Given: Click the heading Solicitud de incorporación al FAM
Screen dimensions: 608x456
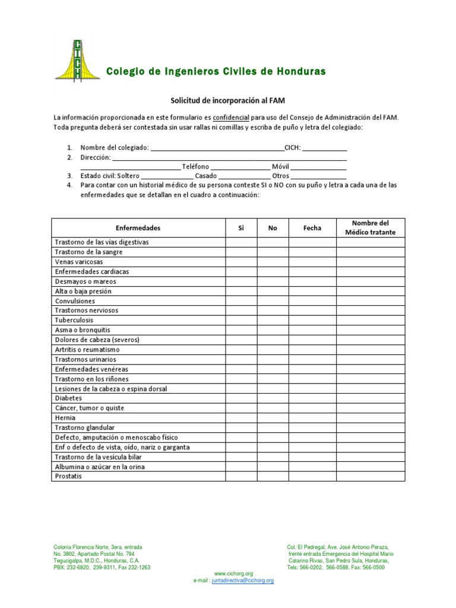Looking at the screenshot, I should (x=228, y=101).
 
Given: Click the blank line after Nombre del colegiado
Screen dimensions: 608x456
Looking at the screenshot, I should (x=217, y=148).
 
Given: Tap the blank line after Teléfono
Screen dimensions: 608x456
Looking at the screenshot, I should (x=240, y=167).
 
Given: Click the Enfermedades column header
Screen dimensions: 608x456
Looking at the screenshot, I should (x=138, y=228).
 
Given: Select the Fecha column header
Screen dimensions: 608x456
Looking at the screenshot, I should (x=312, y=228).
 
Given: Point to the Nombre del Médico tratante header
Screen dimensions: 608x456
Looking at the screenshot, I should (x=370, y=227).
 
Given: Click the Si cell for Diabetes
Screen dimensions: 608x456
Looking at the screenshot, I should (x=241, y=398).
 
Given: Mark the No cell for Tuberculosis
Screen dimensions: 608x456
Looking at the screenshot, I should (x=273, y=320).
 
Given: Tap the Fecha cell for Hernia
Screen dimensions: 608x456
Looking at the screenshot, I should (x=312, y=418).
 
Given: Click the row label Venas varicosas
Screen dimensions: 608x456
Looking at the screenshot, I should (x=79, y=262).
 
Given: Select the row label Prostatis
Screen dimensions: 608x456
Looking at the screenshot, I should (x=68, y=476).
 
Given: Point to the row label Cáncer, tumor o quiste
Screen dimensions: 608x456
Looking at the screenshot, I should (x=90, y=408).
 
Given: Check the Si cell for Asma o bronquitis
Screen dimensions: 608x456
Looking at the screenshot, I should (x=241, y=330).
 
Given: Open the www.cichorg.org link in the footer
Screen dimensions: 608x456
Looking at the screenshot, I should (x=233, y=574).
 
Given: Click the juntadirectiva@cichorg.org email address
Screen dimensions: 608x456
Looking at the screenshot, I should (x=243, y=580).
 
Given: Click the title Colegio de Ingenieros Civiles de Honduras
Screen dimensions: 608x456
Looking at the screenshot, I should (x=216, y=72).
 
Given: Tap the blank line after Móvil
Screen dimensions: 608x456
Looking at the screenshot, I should (x=318, y=167).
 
